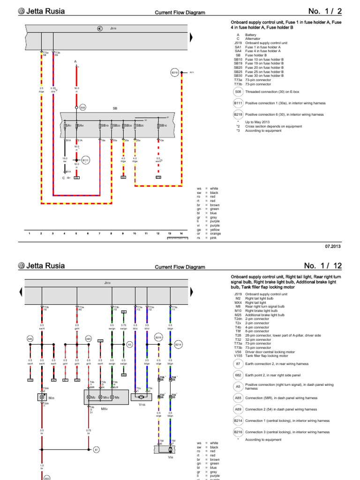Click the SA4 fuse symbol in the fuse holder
(79, 126)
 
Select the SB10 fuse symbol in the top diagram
(160, 126)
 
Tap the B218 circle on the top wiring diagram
(175, 73)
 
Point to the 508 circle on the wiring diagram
(83, 107)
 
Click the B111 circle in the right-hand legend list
(238, 103)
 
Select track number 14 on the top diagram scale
(181, 232)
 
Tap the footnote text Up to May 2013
(256, 122)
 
